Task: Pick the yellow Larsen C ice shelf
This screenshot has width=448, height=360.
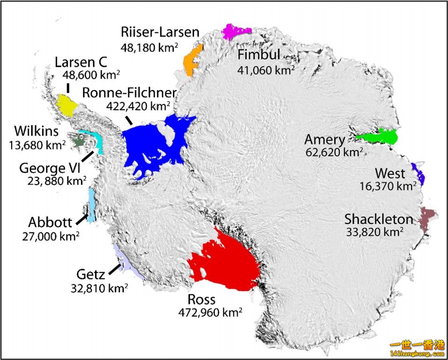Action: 67,105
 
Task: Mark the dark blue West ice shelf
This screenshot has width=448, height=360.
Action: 418,173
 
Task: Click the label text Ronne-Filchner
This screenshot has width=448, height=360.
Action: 129,92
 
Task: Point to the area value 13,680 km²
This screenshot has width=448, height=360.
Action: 37,144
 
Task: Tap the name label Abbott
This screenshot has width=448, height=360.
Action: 50,222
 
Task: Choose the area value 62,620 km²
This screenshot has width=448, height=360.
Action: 334,152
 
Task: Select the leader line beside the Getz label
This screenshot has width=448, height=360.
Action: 114,270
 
